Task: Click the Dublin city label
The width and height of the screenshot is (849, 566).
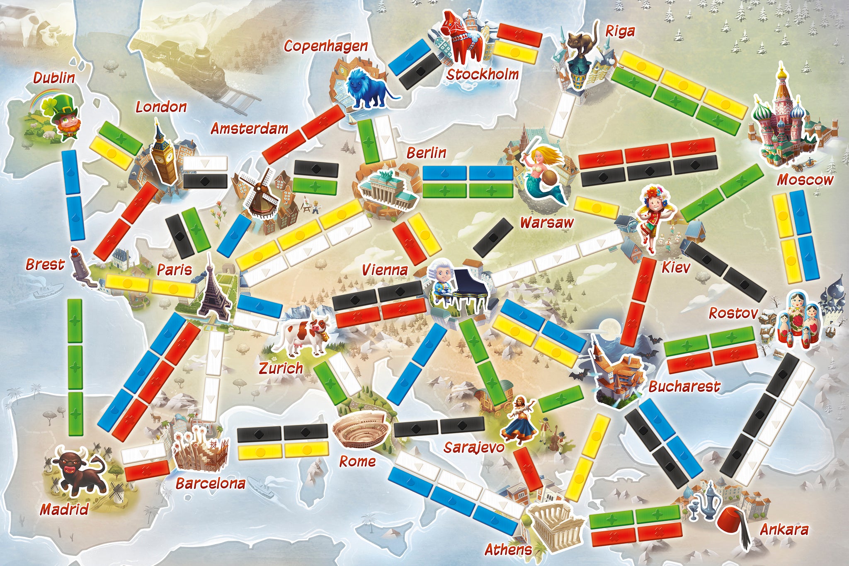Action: [x=54, y=78]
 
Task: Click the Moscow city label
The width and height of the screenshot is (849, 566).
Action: [x=804, y=180]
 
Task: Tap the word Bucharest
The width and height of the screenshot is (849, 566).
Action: [x=684, y=386]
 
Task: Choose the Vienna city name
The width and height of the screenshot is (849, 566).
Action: [x=385, y=270]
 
